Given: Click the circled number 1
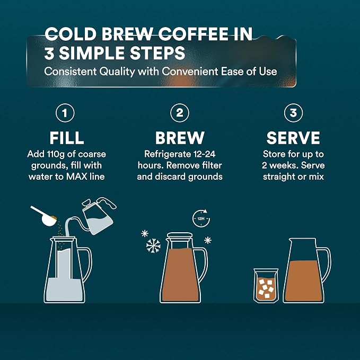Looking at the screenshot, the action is [65, 113].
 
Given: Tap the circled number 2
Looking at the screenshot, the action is [180, 113].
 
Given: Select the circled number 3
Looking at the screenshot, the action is [293, 113].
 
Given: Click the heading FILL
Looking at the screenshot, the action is [67, 138].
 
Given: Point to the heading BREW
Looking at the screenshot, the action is [180, 138].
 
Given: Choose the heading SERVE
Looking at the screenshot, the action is [293, 138].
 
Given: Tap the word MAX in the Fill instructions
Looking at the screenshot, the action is [77, 177].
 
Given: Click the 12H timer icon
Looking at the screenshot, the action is [201, 218].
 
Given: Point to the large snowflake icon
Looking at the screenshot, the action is [153, 245].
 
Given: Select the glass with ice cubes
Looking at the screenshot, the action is [266, 286].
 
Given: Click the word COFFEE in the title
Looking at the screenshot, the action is [194, 34].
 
